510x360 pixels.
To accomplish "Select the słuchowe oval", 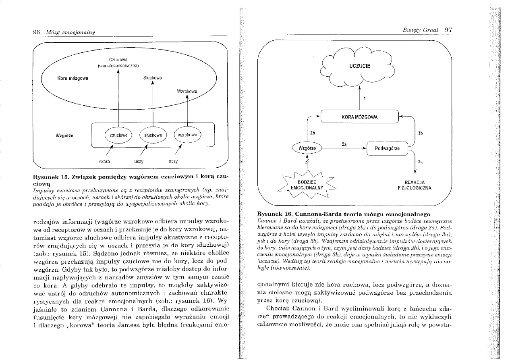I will [153, 135].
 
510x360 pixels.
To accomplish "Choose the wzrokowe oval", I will [187, 135].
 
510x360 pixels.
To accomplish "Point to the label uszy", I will [139, 161].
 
